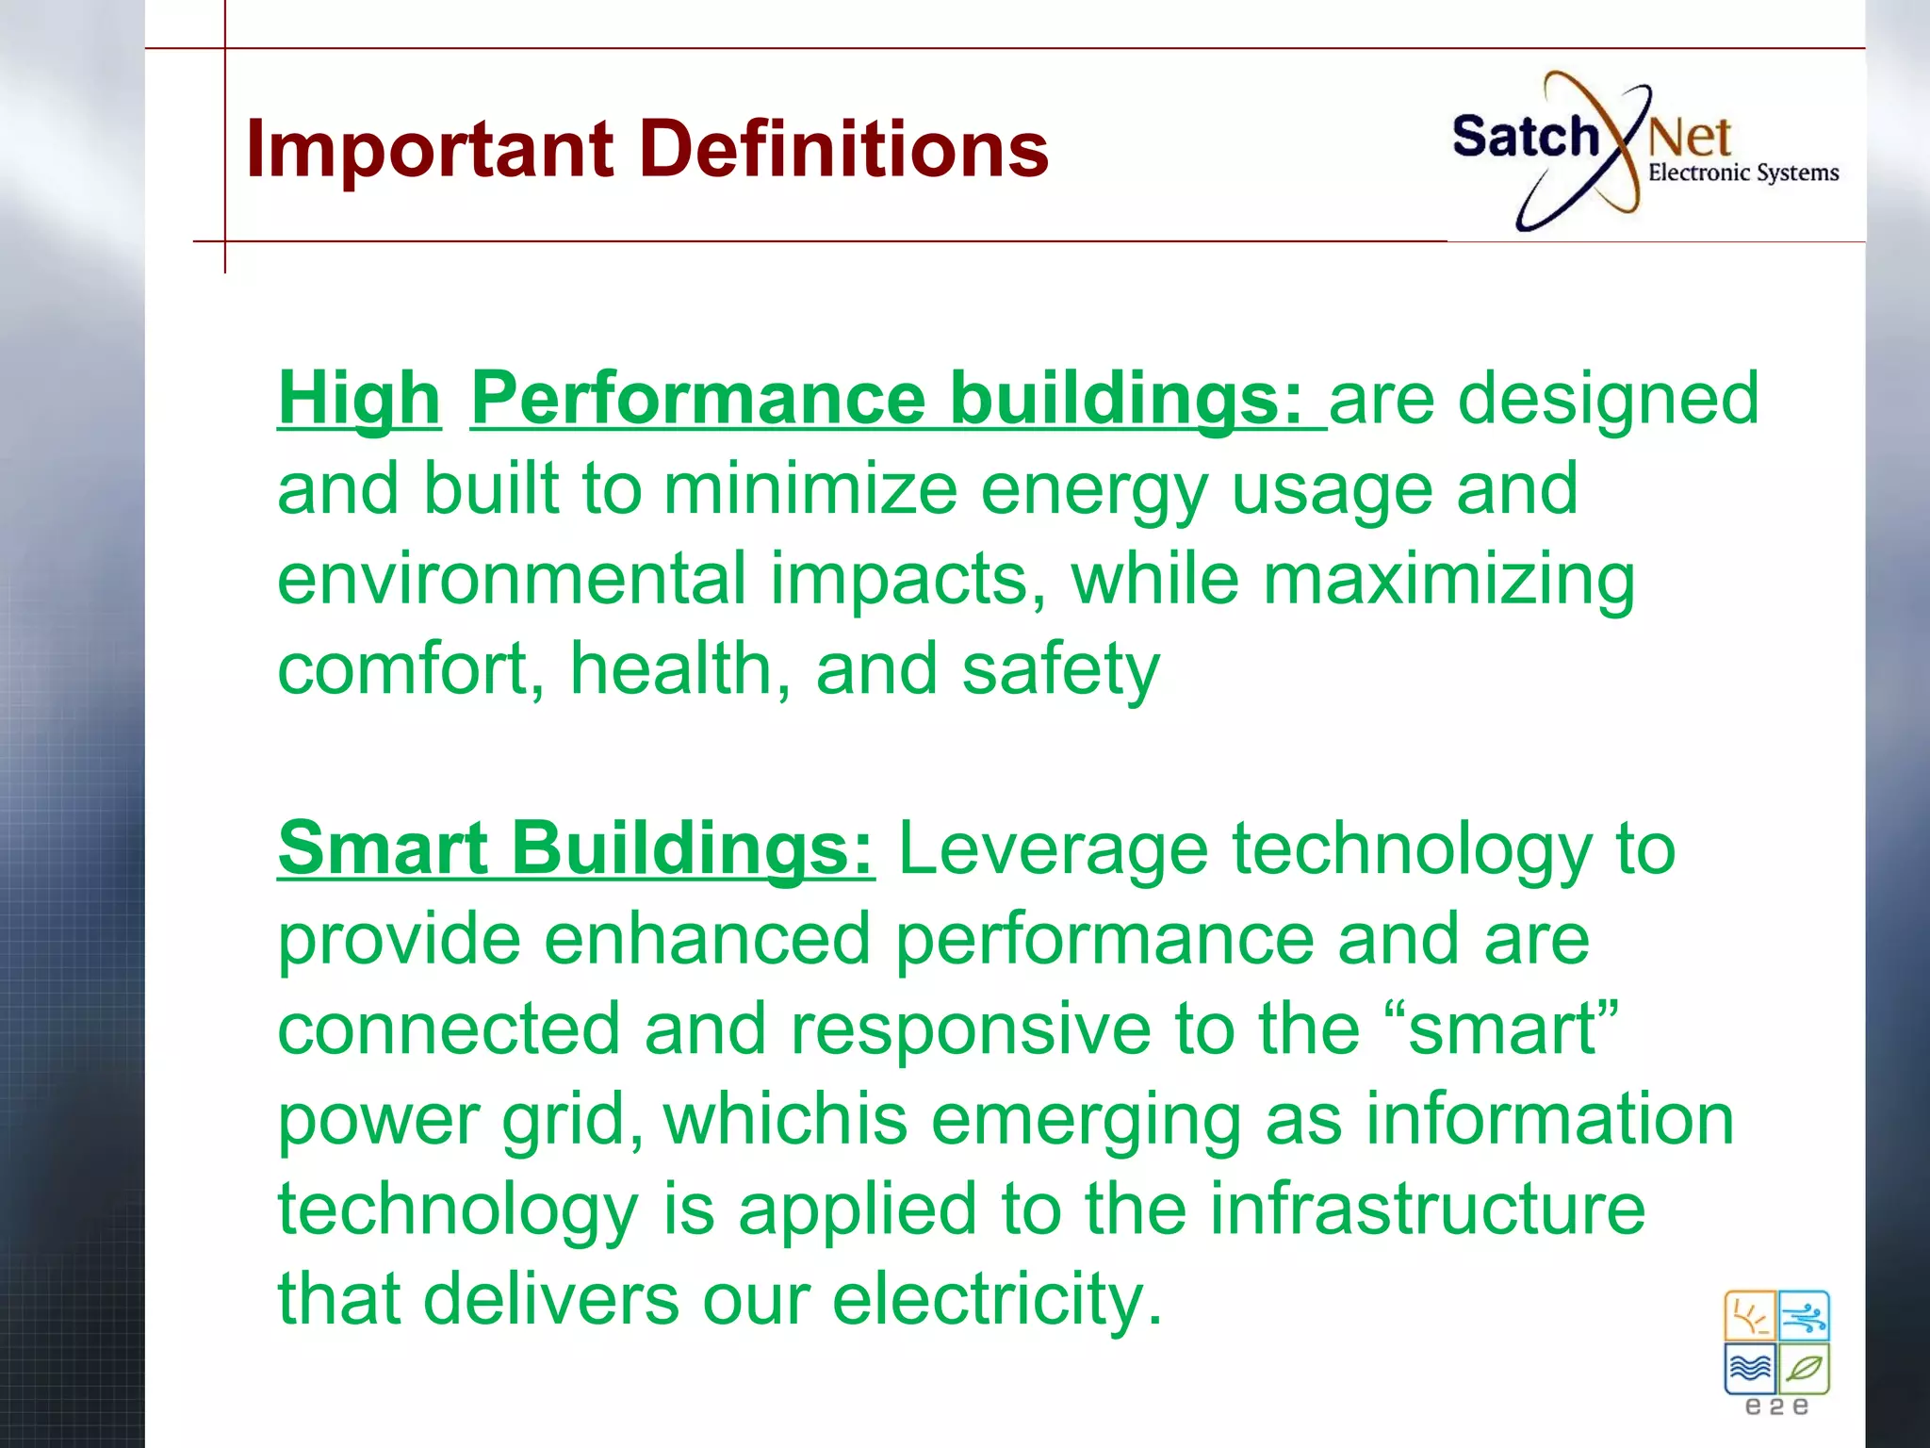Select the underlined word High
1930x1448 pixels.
tap(359, 399)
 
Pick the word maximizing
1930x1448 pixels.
tap(1448, 580)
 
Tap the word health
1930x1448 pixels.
tap(670, 668)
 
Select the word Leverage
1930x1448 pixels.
tap(1053, 849)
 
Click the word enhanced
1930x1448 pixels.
tap(707, 939)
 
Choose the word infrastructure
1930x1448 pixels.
tap(1427, 1209)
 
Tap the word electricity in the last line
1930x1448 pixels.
tap(997, 1298)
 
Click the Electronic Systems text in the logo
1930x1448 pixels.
tap(1742, 173)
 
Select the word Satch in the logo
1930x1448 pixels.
tap(1524, 137)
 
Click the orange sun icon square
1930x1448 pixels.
tap(1750, 1316)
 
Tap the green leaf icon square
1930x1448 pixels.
tap(1805, 1368)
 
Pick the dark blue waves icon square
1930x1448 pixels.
tap(1750, 1368)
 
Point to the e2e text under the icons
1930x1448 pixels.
tap(1776, 1407)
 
